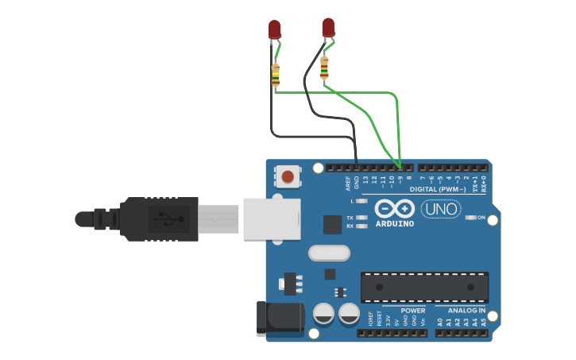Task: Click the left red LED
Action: [x=275, y=29]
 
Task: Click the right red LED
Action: [x=328, y=27]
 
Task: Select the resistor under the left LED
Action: [x=276, y=75]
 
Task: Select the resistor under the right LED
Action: [x=324, y=69]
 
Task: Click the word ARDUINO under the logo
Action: [x=394, y=224]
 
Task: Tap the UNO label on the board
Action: [x=441, y=209]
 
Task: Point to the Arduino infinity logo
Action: [x=394, y=208]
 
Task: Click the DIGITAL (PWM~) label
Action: [x=438, y=189]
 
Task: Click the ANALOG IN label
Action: [x=466, y=311]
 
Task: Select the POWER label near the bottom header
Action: [x=412, y=311]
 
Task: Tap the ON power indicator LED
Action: [x=470, y=217]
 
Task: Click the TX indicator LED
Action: [x=362, y=217]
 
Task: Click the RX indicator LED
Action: [x=362, y=226]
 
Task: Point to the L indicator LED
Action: [x=362, y=201]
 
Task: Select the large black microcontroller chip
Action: [x=424, y=287]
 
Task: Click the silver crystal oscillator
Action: [x=329, y=253]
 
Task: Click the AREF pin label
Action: [x=348, y=184]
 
